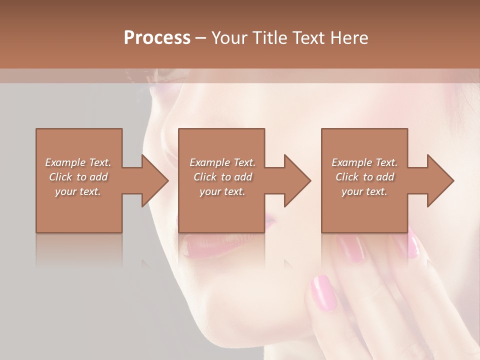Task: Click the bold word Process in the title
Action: click(x=157, y=38)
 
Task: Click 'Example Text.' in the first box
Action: click(x=78, y=162)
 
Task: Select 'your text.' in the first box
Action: click(x=78, y=191)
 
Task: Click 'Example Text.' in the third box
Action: click(x=364, y=162)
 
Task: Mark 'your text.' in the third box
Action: click(x=364, y=191)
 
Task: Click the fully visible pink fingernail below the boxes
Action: click(x=323, y=292)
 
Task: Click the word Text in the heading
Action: click(x=308, y=38)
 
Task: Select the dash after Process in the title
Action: click(x=201, y=38)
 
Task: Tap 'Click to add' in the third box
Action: click(x=364, y=177)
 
